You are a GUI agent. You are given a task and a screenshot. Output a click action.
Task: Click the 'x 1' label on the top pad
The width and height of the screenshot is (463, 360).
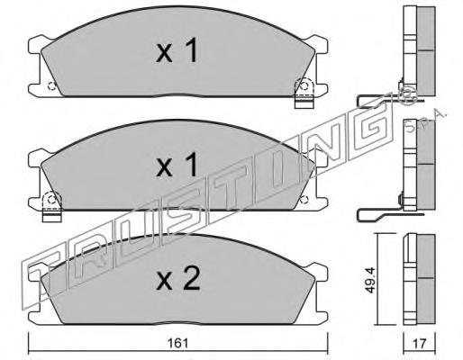(177, 53)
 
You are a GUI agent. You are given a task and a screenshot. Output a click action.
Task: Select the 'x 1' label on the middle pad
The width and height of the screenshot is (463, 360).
(177, 166)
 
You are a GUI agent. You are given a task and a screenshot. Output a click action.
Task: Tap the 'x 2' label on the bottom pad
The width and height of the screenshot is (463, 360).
(177, 281)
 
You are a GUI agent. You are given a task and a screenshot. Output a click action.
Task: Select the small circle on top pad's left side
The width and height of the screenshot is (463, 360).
(51, 86)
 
